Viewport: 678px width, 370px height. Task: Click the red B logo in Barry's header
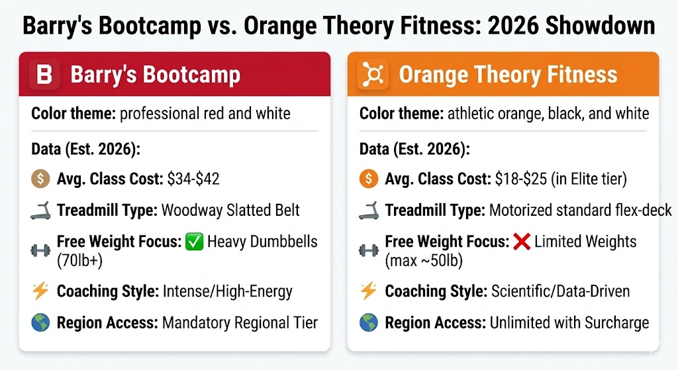coord(44,74)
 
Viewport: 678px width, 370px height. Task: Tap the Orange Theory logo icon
coord(373,74)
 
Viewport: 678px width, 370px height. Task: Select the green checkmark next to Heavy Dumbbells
coord(194,242)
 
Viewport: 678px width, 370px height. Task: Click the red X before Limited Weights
coord(522,242)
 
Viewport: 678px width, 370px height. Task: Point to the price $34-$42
coord(193,179)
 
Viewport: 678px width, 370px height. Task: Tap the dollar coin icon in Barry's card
coord(40,179)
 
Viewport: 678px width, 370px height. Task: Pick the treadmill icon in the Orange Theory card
coord(368,211)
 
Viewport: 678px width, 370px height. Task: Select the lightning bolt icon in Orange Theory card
coord(368,291)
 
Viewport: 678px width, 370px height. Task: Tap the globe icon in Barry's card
coord(40,323)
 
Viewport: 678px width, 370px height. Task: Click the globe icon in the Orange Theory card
coord(368,323)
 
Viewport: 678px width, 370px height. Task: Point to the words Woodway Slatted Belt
coord(230,211)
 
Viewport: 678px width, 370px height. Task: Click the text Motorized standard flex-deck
coord(580,211)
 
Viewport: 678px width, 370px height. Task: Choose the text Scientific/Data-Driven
coord(560,291)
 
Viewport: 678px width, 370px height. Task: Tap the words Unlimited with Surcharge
coord(569,323)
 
